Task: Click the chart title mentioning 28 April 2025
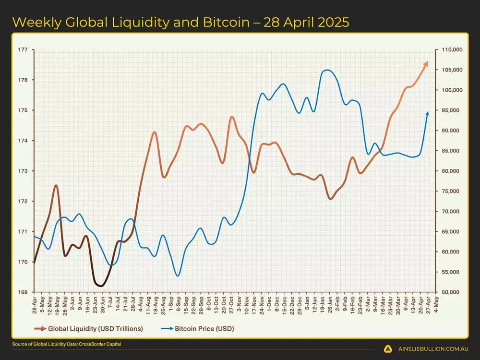tap(180, 22)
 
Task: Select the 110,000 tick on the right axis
tap(451, 49)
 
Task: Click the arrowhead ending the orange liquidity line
tap(426, 63)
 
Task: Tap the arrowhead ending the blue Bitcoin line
tap(427, 113)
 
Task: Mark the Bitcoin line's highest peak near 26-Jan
tap(327, 70)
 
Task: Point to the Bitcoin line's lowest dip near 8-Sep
tap(178, 276)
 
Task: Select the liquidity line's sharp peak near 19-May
tap(56, 185)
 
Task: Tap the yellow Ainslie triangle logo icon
tap(387, 349)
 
